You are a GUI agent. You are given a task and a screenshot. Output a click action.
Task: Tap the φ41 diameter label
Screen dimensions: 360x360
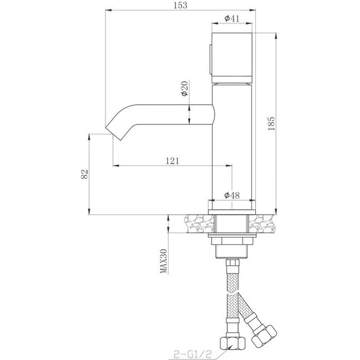232,19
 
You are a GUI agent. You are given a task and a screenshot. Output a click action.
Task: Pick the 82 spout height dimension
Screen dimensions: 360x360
83,174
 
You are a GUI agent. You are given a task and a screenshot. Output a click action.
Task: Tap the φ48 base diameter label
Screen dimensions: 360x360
232,196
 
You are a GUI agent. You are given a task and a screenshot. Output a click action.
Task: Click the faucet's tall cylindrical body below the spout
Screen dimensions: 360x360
232,158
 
